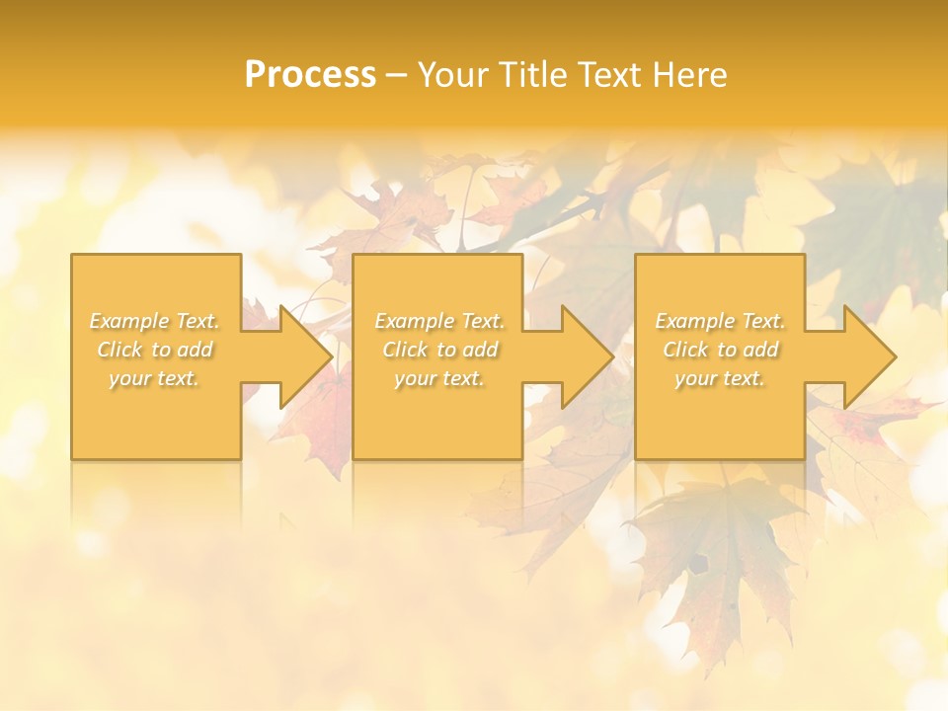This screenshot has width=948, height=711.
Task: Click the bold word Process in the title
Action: pos(310,75)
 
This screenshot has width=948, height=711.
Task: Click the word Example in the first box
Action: pos(127,321)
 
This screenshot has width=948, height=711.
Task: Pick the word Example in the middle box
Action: pos(412,321)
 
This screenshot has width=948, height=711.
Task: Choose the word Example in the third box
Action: pos(693,321)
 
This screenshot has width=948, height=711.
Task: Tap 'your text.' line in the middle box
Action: pos(438,378)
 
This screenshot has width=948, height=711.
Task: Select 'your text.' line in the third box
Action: pos(720,378)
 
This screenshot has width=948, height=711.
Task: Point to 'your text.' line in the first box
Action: pos(154,378)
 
